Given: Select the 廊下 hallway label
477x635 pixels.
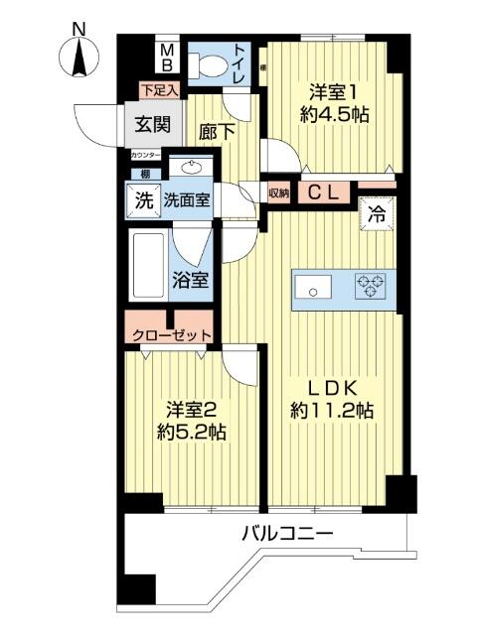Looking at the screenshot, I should click(216, 131).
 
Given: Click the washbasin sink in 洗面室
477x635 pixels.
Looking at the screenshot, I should click(189, 168).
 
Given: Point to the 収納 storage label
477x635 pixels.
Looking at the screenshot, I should click(277, 192).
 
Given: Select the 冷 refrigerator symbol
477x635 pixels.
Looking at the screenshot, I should click(379, 213).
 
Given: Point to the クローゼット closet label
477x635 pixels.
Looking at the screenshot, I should click(166, 333).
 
